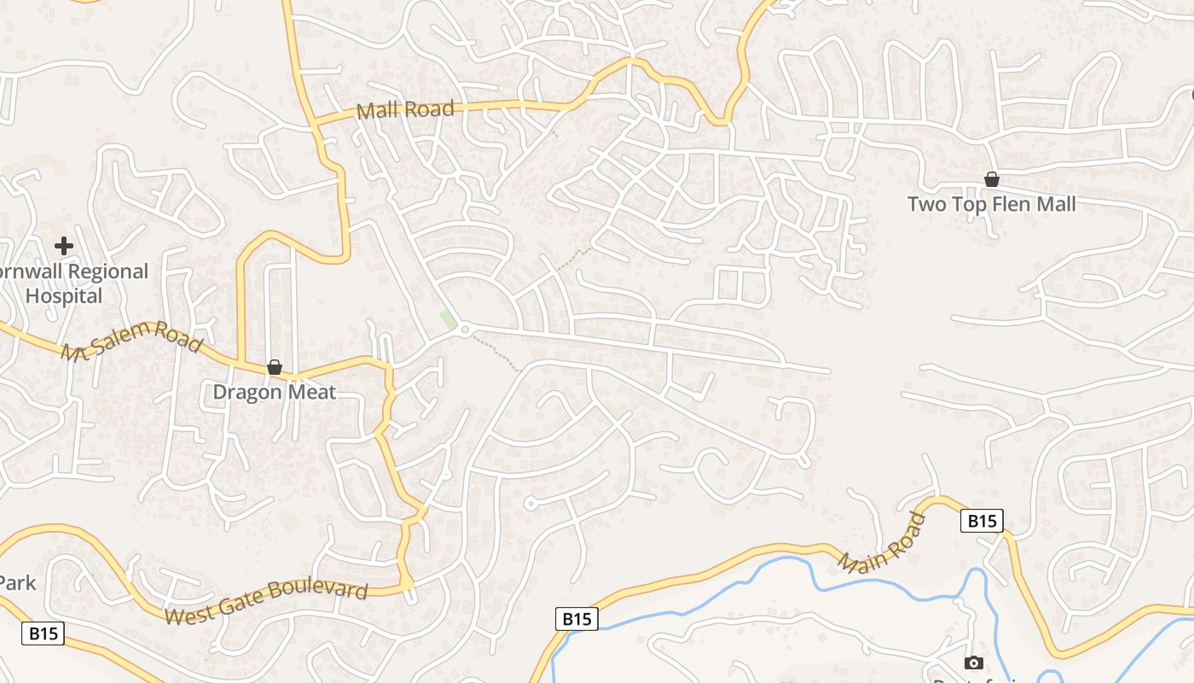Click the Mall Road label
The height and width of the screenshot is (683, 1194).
click(x=405, y=109)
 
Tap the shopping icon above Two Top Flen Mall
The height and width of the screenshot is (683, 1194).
click(x=991, y=179)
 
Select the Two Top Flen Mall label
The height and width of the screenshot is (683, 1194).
click(x=991, y=204)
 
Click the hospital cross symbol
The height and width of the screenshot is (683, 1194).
click(x=63, y=247)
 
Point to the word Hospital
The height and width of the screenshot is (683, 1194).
click(x=64, y=296)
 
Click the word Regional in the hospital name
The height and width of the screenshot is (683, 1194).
click(x=108, y=271)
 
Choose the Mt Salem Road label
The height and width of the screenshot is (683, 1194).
click(x=132, y=340)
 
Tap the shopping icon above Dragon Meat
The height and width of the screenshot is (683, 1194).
click(x=275, y=367)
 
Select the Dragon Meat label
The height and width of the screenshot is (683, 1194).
click(x=275, y=393)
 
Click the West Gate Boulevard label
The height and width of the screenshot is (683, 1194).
click(x=266, y=602)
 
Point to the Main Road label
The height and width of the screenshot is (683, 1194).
click(x=882, y=543)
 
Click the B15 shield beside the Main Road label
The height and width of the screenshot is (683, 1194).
click(x=982, y=520)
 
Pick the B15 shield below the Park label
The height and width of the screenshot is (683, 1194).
click(x=43, y=633)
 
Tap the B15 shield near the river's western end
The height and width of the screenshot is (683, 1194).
click(x=577, y=619)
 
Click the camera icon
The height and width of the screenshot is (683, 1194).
click(x=973, y=663)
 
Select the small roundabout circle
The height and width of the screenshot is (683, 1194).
click(x=465, y=330)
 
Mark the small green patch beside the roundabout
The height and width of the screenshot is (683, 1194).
click(x=446, y=321)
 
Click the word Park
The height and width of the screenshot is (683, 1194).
click(x=17, y=583)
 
